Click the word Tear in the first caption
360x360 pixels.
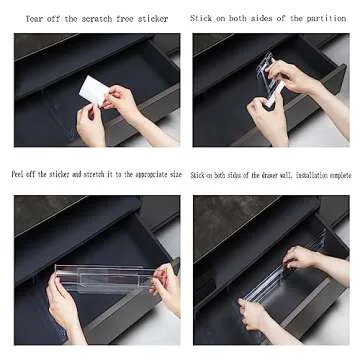coord(33,19)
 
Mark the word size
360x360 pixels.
coord(176,174)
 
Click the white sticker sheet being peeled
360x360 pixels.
coord(94,89)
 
